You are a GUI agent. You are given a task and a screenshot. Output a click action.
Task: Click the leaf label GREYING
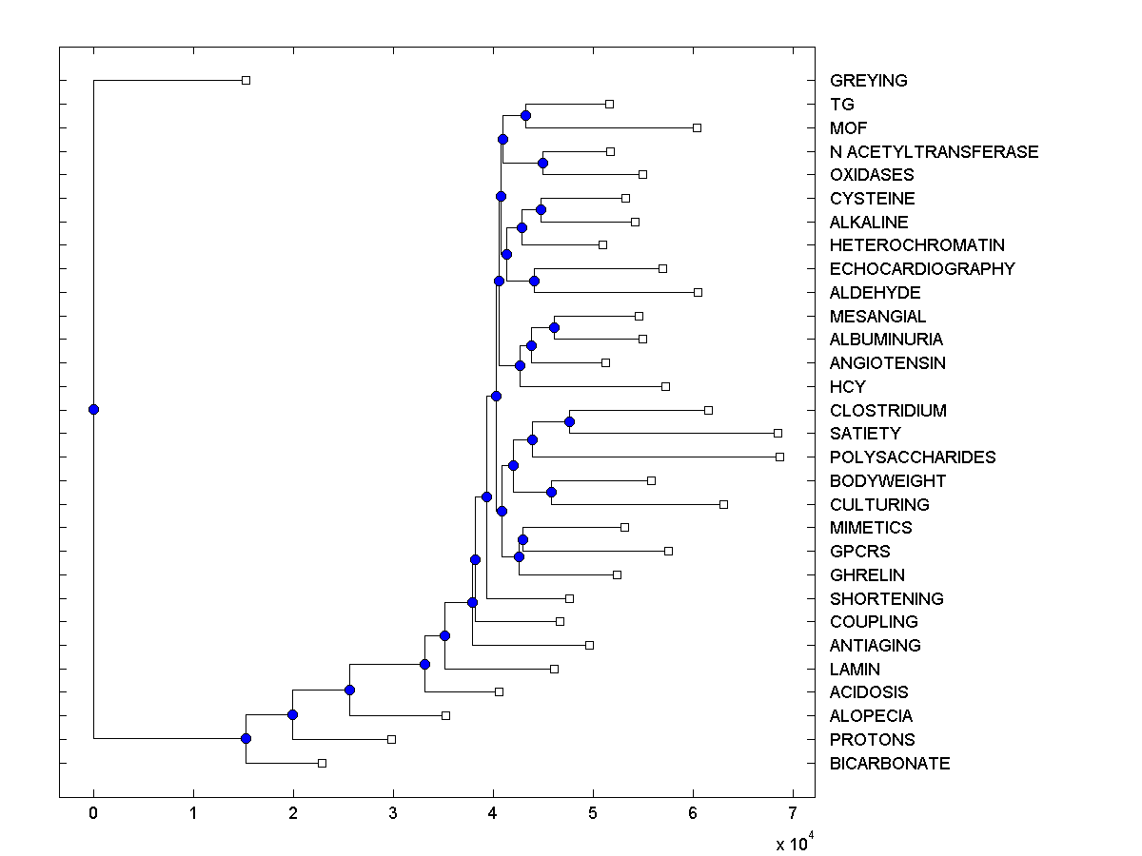click(x=868, y=81)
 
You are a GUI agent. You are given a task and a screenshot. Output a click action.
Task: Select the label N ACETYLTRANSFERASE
click(x=934, y=151)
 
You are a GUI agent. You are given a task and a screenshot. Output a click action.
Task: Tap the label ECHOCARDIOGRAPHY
click(x=921, y=269)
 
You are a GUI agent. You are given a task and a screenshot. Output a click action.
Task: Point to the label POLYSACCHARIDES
click(x=912, y=457)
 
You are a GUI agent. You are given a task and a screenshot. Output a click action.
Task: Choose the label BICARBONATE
click(x=889, y=764)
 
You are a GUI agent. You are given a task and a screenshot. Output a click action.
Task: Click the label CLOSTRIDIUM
click(x=887, y=411)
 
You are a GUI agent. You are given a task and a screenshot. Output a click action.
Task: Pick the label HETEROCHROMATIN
click(x=916, y=245)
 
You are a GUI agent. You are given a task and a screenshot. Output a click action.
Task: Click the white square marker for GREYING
click(x=246, y=81)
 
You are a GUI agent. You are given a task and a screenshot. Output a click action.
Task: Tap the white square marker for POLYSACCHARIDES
click(x=779, y=457)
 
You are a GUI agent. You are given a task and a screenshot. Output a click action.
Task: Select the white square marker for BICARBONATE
click(x=322, y=763)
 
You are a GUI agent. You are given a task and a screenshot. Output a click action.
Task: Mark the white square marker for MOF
click(x=697, y=127)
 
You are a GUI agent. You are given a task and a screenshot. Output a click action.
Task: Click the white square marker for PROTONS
click(x=391, y=739)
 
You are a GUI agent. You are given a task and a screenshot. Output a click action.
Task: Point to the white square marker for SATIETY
click(x=778, y=434)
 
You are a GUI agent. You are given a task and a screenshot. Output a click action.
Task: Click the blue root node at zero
click(x=93, y=409)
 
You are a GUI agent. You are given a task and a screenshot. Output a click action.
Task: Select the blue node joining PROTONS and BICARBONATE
click(x=246, y=738)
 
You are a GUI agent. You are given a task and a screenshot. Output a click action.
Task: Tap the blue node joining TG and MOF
click(x=525, y=115)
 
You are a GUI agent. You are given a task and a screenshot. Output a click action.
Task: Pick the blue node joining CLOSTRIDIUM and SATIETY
click(x=569, y=421)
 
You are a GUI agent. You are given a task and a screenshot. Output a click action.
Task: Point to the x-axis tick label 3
click(x=393, y=813)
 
